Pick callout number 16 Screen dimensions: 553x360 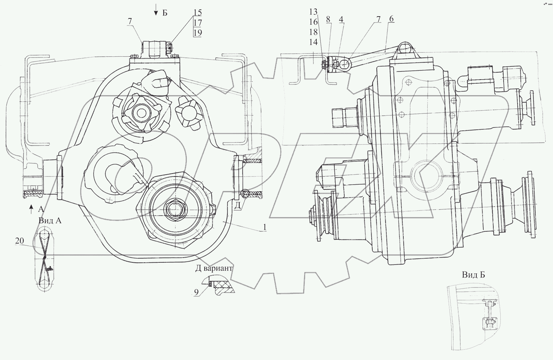point(313,22)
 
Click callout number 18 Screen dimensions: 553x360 point(313,32)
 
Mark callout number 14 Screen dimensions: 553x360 point(313,42)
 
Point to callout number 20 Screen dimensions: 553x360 point(20,241)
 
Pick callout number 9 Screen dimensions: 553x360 point(196,292)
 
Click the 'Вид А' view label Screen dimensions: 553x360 point(49,221)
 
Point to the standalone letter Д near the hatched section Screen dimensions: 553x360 point(238,205)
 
